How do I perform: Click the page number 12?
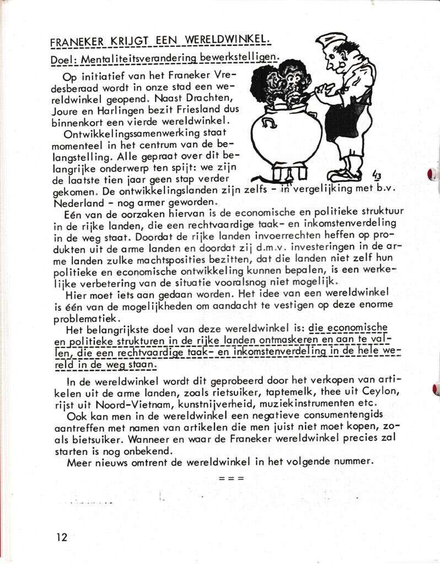[x=61, y=536]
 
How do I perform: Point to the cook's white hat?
[x=334, y=42]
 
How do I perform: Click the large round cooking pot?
[x=286, y=137]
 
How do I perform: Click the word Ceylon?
[x=370, y=391]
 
